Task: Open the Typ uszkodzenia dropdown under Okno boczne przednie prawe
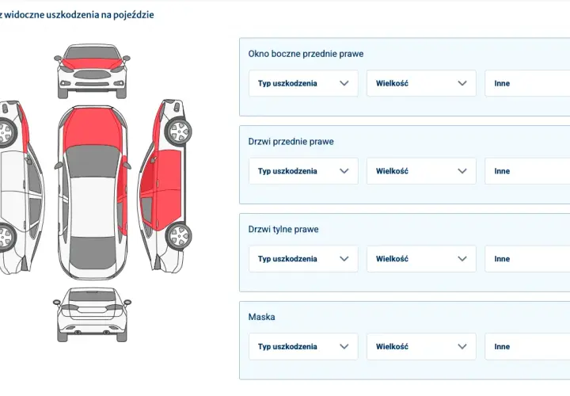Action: [303, 83]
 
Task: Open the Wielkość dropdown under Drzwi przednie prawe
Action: [421, 171]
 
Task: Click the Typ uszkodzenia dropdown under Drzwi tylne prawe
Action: [303, 259]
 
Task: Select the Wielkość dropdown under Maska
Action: [421, 347]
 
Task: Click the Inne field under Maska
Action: [527, 347]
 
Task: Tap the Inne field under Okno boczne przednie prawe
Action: [527, 83]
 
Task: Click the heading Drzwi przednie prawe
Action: [291, 142]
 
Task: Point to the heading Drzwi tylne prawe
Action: [283, 229]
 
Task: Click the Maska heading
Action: [261, 317]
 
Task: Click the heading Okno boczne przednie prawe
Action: [306, 54]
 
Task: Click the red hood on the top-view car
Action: [93, 128]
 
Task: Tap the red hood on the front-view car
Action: [92, 63]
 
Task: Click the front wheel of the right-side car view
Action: [178, 131]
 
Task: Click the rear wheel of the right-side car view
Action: [178, 236]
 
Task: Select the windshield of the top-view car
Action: [93, 161]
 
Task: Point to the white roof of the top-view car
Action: [93, 208]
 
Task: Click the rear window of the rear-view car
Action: [92, 296]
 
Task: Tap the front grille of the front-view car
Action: [92, 75]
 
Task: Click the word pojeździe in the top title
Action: [134, 15]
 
